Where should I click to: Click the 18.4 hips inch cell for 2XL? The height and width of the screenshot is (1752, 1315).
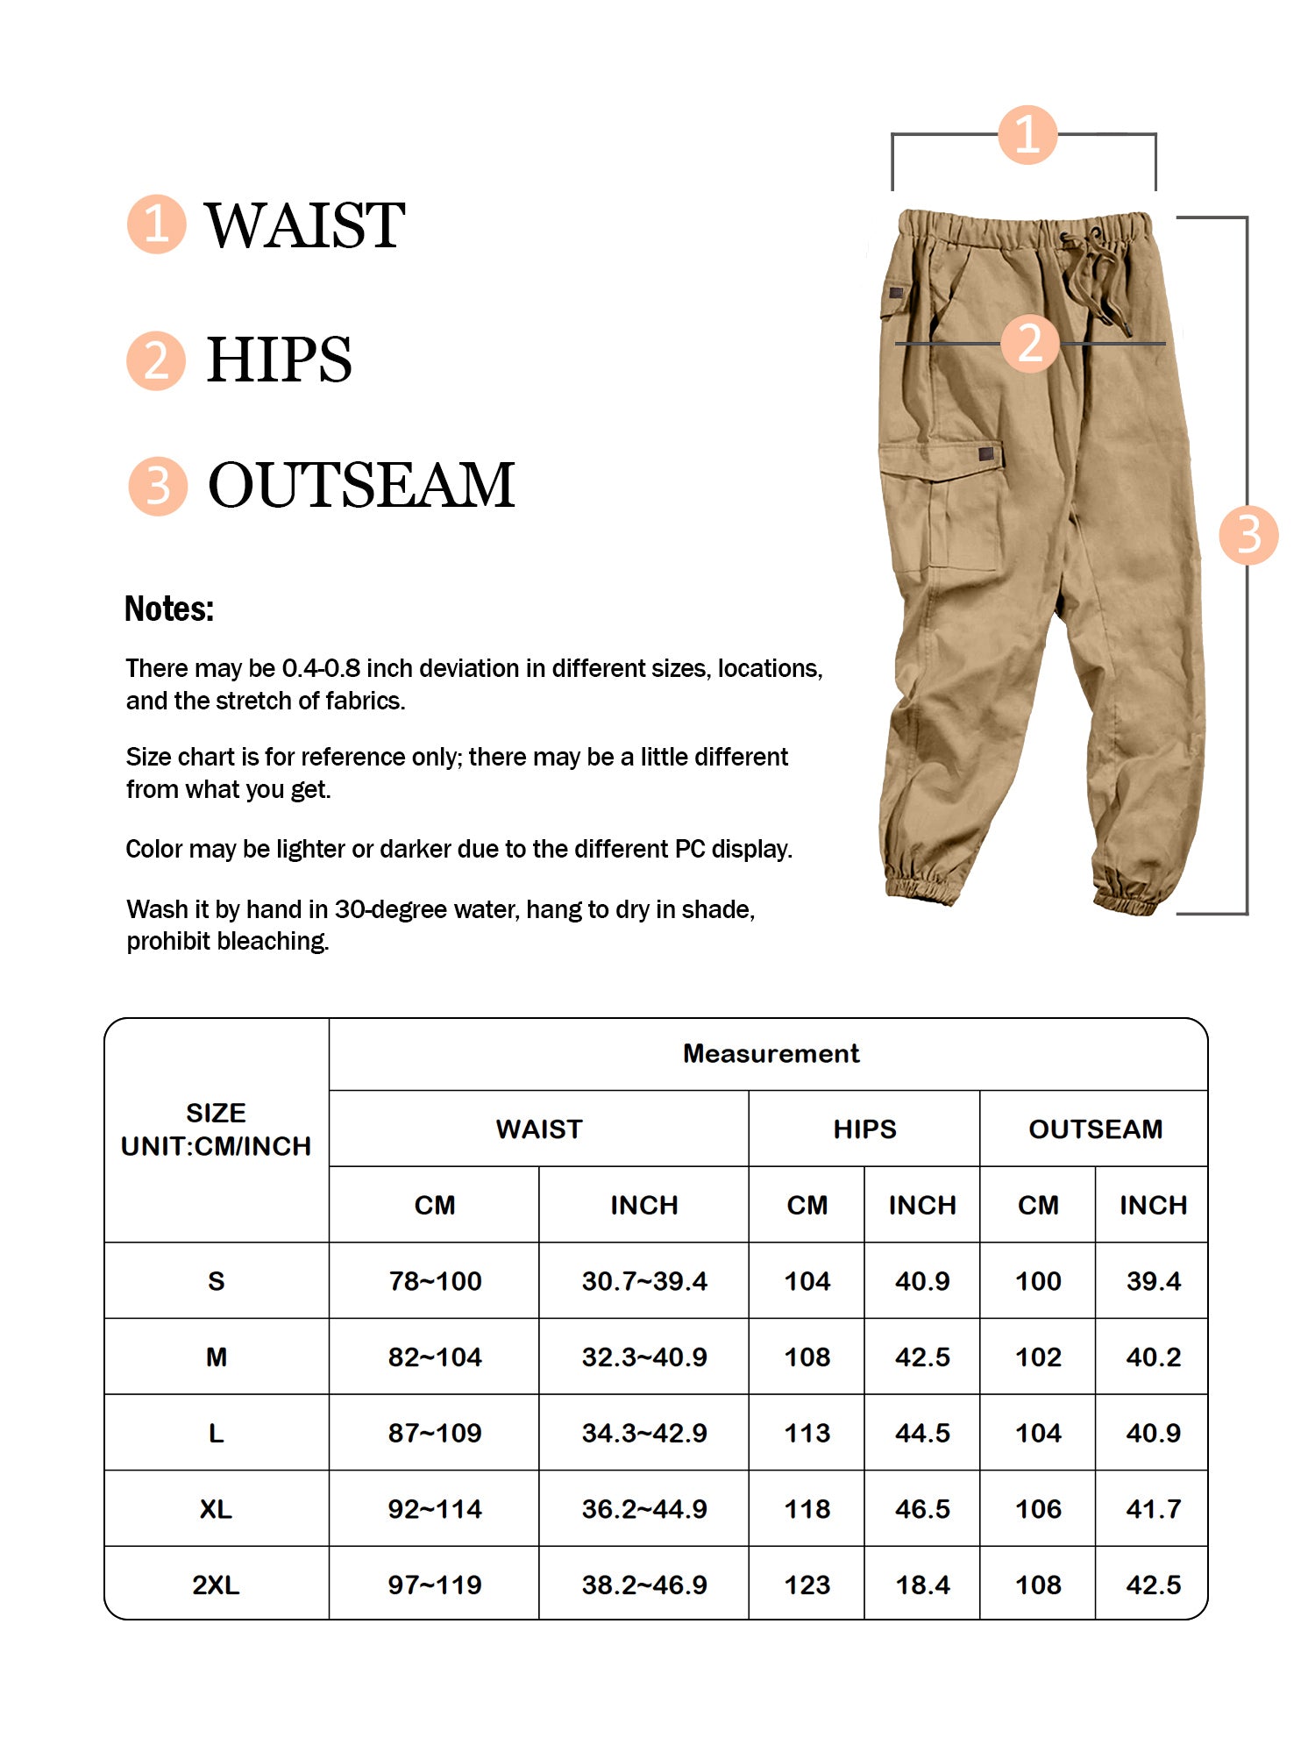tap(922, 1585)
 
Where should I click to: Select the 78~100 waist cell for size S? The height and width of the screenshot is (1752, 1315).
tap(435, 1281)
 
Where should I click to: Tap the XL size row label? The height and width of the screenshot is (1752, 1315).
tap(216, 1509)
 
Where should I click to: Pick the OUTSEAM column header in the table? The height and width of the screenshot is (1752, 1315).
tap(1095, 1129)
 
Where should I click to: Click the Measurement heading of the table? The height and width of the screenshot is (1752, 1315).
tap(771, 1053)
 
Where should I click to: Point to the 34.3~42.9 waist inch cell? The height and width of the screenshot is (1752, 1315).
tap(644, 1433)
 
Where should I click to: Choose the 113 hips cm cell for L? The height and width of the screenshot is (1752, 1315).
tap(807, 1433)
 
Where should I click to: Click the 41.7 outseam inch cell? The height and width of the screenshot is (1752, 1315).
tap(1153, 1509)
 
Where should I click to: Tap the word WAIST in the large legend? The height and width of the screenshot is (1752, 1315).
tap(304, 225)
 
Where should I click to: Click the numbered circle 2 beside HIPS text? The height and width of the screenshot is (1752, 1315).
tap(156, 360)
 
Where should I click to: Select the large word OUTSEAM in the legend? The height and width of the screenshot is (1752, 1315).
tap(360, 485)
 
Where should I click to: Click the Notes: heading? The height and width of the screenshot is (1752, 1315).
tap(169, 609)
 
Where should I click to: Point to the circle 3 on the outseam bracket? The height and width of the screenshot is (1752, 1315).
tap(1248, 535)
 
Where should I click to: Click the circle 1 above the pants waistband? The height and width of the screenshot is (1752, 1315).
tap(1027, 135)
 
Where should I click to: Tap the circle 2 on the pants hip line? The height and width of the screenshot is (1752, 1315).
tap(1030, 343)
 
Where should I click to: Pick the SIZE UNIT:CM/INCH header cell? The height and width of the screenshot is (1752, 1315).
tap(216, 1129)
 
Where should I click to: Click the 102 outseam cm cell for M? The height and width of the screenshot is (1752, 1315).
tap(1038, 1357)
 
